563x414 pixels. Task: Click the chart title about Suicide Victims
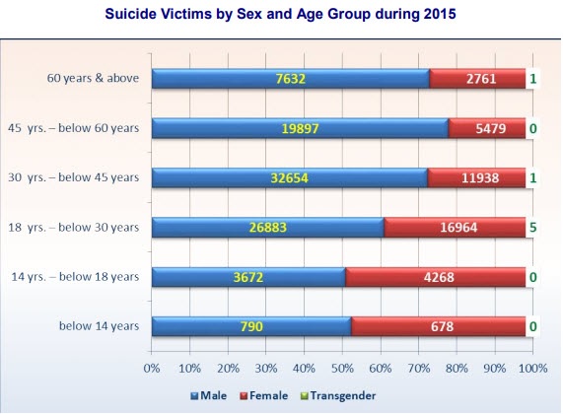[280, 14]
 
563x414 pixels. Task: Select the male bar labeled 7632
[291, 78]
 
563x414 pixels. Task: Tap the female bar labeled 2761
[477, 78]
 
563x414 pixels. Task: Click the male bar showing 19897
[300, 128]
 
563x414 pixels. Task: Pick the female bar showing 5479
[487, 128]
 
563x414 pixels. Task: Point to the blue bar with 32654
[290, 177]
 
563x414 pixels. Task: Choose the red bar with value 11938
[477, 177]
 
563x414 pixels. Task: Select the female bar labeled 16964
[455, 228]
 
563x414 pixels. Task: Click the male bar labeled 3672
[248, 277]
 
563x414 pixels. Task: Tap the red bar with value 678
[439, 326]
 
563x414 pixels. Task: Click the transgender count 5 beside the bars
[532, 228]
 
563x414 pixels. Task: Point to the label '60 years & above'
[93, 78]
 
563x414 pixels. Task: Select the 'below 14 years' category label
[100, 326]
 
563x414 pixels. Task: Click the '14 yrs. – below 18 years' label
[75, 276]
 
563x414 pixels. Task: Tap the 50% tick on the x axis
[342, 369]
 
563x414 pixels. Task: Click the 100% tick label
[533, 369]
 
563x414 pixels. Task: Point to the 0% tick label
[152, 369]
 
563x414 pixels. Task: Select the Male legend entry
[209, 395]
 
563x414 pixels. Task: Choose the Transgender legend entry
[338, 395]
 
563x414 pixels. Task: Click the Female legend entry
[264, 395]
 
